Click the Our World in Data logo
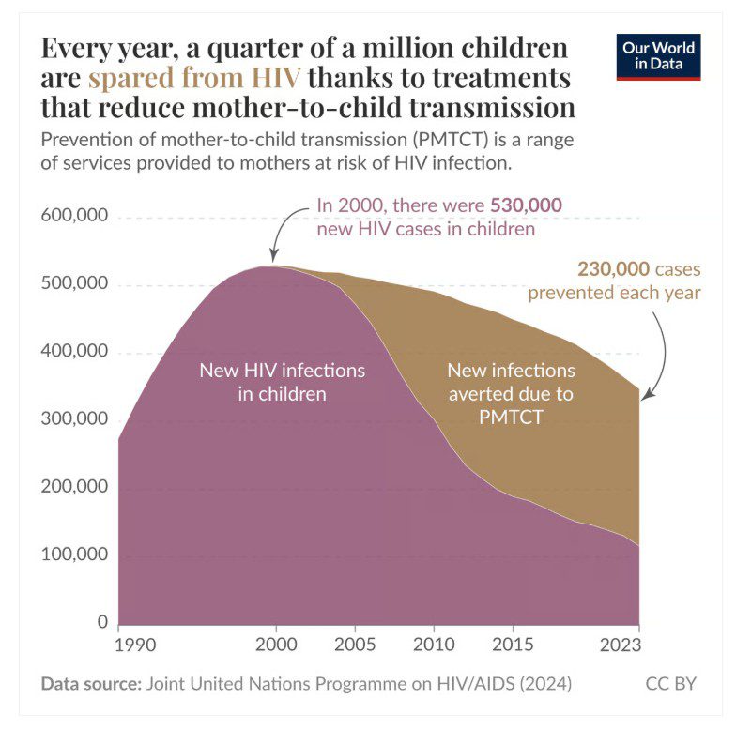659,57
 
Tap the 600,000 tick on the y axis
74,217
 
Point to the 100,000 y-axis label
74,554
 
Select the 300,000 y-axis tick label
74,419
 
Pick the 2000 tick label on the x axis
276,645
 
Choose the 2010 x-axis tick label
433,645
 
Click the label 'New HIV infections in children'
282,382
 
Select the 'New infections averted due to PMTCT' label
511,394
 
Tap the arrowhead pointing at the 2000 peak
273,258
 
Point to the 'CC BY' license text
671,683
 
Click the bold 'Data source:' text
90,683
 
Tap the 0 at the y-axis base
101,622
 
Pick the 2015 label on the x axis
512,645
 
